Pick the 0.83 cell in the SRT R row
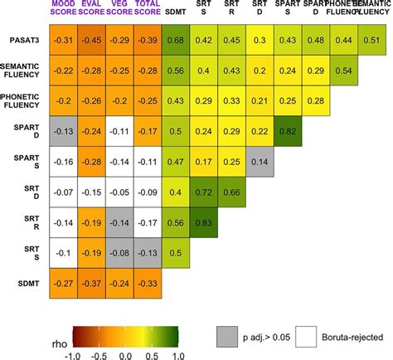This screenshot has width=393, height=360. click(x=206, y=222)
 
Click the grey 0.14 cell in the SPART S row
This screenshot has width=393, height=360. click(x=263, y=162)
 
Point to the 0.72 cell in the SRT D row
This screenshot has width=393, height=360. click(x=206, y=192)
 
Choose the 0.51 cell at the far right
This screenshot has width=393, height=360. click(x=377, y=41)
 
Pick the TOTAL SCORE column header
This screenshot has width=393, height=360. click(x=149, y=11)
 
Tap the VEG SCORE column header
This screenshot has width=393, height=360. click(x=121, y=11)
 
